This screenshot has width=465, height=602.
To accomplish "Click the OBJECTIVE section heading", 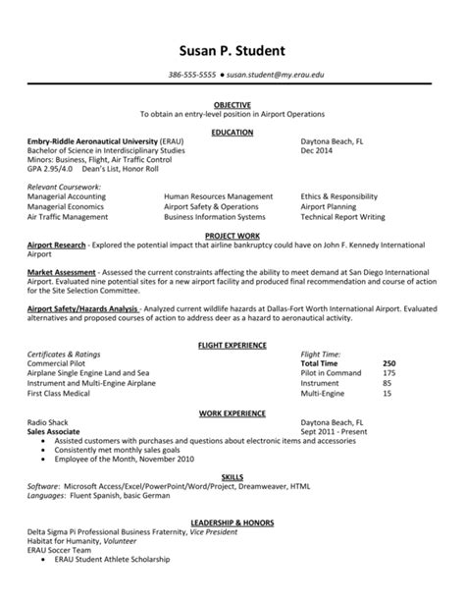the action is [x=232, y=104].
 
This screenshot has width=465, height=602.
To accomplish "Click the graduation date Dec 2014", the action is [x=319, y=149].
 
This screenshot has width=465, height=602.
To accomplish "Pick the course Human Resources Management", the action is [x=218, y=196].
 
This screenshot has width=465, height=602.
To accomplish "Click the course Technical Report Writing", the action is [x=343, y=215].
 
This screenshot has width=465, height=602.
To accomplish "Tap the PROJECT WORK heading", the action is [x=232, y=237].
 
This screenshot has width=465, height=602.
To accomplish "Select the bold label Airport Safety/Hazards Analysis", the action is [x=82, y=307].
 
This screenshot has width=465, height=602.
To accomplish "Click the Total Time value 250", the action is [x=388, y=363].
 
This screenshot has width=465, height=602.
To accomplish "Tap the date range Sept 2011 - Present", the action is [x=335, y=430].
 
